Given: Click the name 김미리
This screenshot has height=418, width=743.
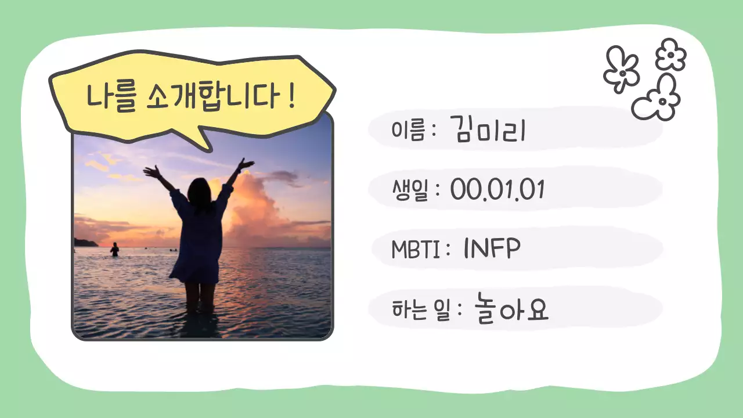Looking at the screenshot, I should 488,131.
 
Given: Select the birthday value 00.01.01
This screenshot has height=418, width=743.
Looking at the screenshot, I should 497,190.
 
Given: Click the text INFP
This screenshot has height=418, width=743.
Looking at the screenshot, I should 492,249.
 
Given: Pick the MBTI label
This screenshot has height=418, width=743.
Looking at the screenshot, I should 415,250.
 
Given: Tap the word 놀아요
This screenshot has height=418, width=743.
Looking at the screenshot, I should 511,309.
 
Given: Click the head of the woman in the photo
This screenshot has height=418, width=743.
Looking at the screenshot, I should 199,189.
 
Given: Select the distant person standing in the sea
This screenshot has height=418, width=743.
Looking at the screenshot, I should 114,250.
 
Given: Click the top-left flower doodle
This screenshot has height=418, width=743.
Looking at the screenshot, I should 621,69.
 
